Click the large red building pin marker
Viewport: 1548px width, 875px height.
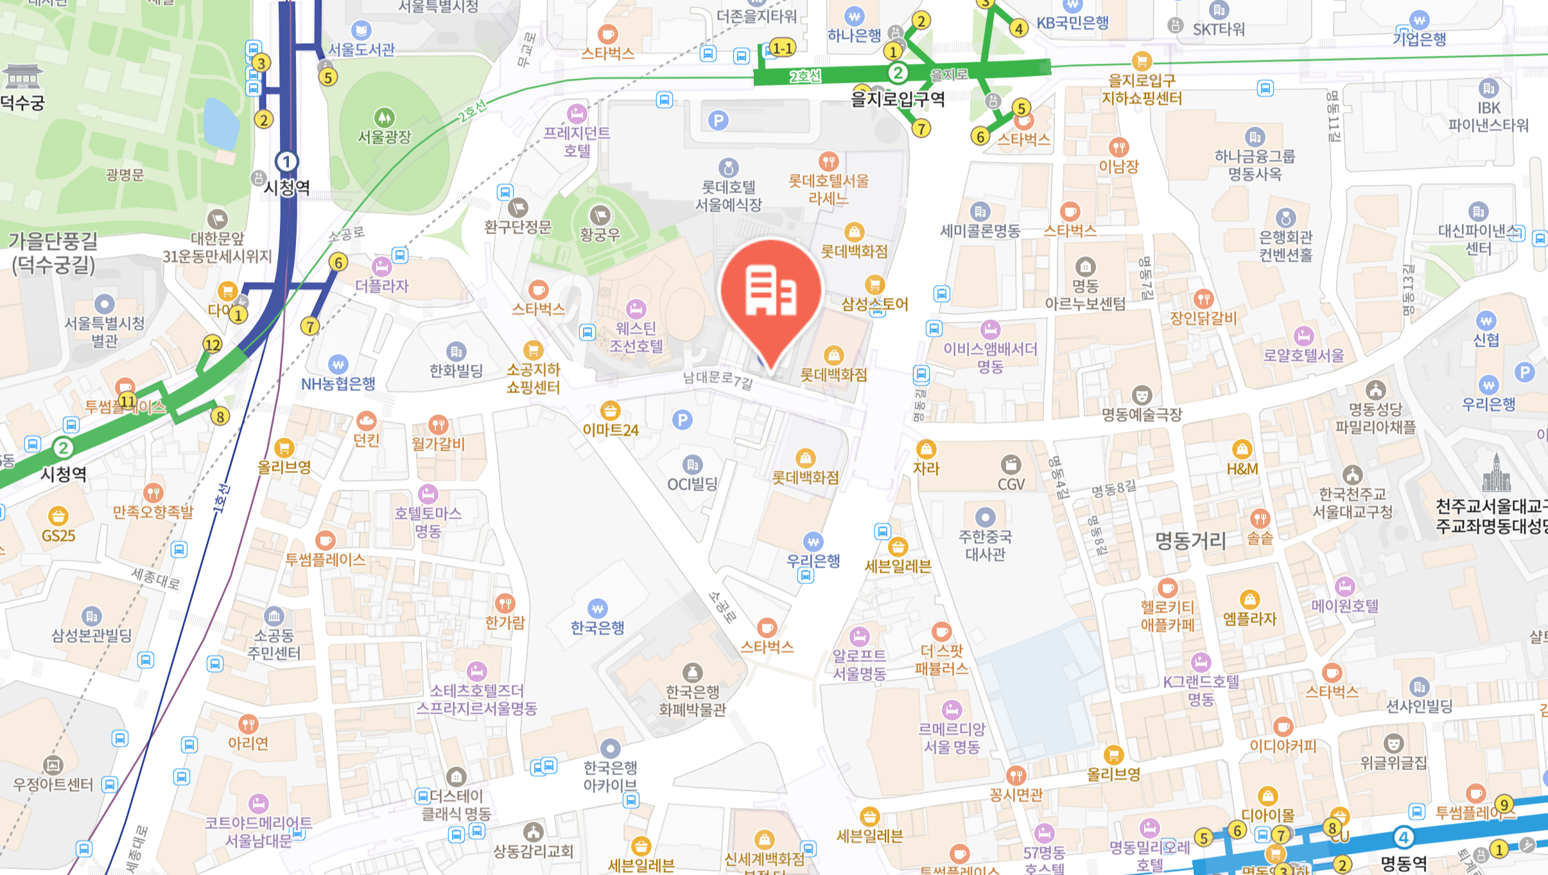[770, 292]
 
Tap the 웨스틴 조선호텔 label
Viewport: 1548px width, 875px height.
[636, 337]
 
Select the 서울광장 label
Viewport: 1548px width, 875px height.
[384, 137]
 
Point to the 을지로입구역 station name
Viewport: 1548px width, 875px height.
[898, 99]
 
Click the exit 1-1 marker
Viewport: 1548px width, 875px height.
[782, 48]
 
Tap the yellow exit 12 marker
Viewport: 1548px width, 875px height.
[213, 344]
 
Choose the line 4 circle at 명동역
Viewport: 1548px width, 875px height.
[1404, 838]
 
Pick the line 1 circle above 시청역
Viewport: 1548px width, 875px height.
[286, 161]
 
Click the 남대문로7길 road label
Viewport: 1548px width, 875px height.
[717, 379]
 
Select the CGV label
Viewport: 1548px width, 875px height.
[1011, 484]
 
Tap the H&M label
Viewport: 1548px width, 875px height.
[1242, 469]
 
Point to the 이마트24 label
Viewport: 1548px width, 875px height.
[610, 430]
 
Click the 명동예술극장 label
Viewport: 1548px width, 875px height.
[1142, 414]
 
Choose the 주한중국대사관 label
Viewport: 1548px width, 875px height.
[985, 545]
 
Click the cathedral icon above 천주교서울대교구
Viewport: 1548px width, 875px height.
[1496, 473]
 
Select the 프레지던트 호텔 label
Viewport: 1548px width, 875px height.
[577, 141]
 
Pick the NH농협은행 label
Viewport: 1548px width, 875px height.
[338, 384]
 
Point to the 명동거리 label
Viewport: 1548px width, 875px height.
[1190, 541]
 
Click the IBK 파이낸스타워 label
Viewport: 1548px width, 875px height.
[1488, 116]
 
